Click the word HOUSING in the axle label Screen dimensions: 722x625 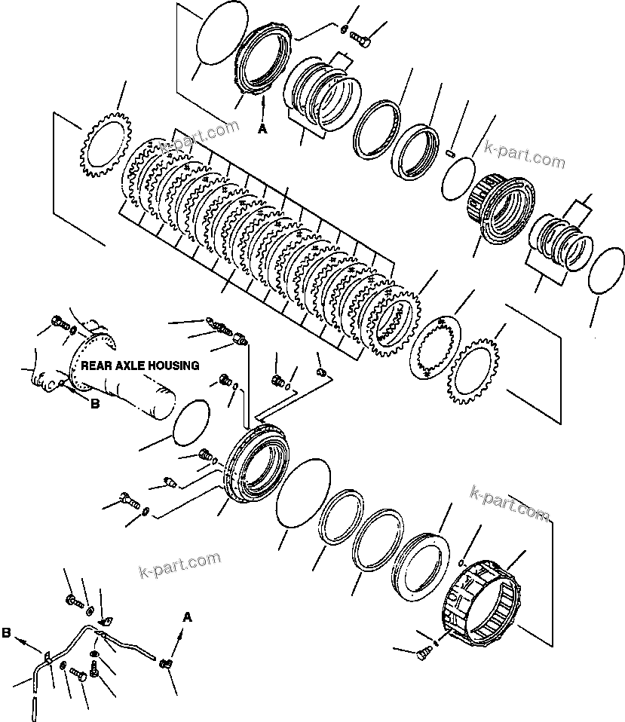[173, 366]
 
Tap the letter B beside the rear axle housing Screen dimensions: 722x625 [94, 403]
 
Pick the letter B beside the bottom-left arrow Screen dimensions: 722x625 [6, 634]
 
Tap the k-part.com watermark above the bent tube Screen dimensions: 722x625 [180, 565]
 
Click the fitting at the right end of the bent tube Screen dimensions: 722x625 [167, 663]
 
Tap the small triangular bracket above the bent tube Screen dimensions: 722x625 [106, 621]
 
